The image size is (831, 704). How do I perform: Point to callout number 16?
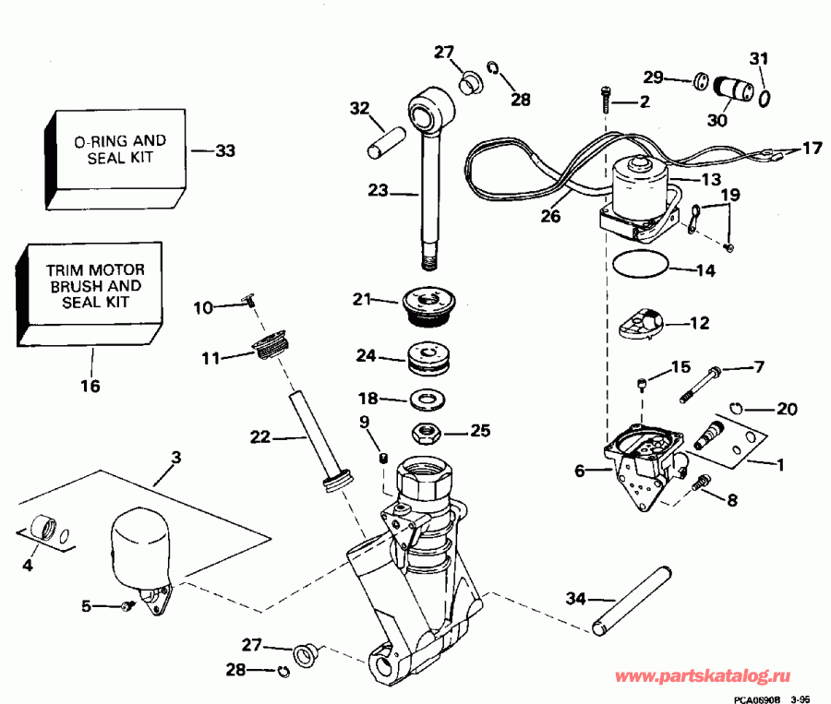pyautogui.click(x=90, y=385)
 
